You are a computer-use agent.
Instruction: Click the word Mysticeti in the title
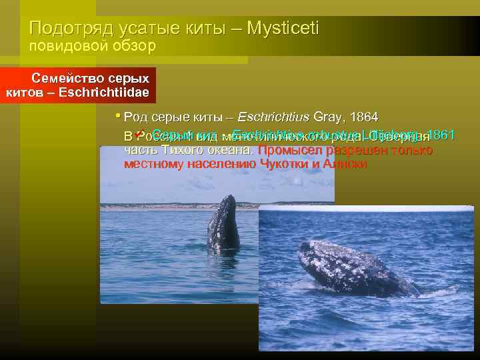(x=283, y=28)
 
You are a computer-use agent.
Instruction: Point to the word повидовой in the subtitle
(x=64, y=46)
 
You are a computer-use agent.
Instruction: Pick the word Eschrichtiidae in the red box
(x=104, y=91)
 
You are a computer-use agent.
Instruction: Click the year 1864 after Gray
(x=361, y=118)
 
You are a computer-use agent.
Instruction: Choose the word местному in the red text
(x=155, y=164)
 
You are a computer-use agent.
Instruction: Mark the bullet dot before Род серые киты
(x=118, y=116)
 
